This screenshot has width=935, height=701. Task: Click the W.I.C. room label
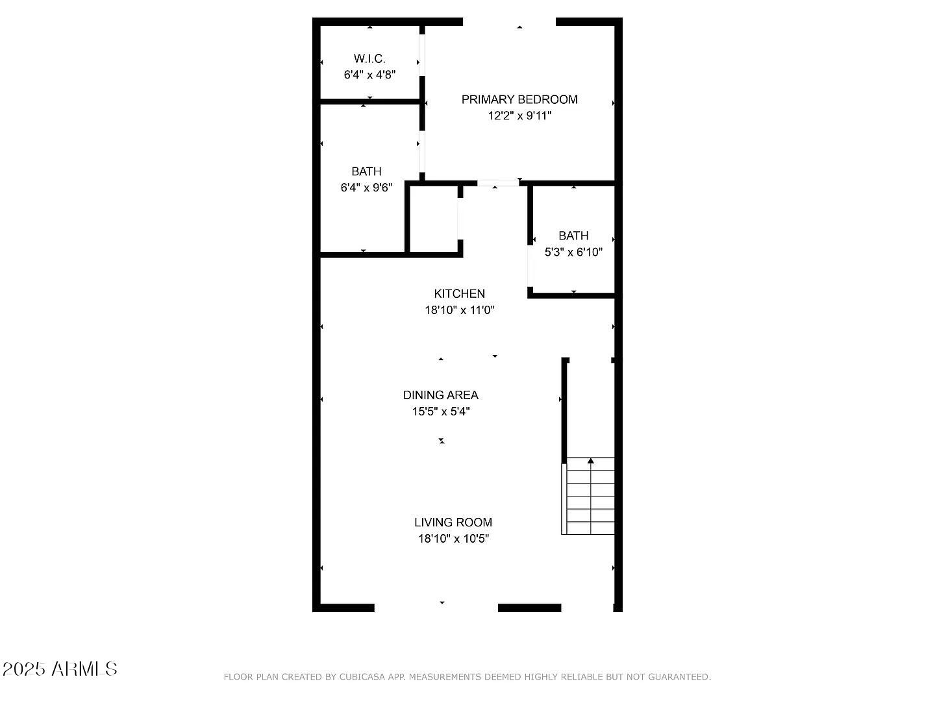pos(369,58)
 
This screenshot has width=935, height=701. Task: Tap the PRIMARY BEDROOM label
pos(519,99)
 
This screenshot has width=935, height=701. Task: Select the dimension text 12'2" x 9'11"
pos(519,116)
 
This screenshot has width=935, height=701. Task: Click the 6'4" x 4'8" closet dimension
pos(369,75)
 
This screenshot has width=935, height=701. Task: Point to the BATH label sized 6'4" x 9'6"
pos(366,171)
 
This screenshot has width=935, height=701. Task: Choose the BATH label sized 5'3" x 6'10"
pos(573,236)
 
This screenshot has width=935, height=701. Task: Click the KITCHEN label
pos(459,293)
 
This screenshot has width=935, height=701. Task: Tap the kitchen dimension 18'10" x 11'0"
pos(460,310)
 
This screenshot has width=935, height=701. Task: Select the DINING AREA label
pos(440,395)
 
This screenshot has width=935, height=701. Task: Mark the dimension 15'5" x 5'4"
pos(441,412)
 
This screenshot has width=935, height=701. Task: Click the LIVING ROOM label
pos(453,522)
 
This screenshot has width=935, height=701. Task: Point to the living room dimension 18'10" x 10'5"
pos(453,539)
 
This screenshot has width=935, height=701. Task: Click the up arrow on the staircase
pos(591,461)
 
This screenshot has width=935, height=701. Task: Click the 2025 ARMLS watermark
pos(60,669)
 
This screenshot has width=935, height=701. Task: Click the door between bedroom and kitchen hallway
pos(498,184)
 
